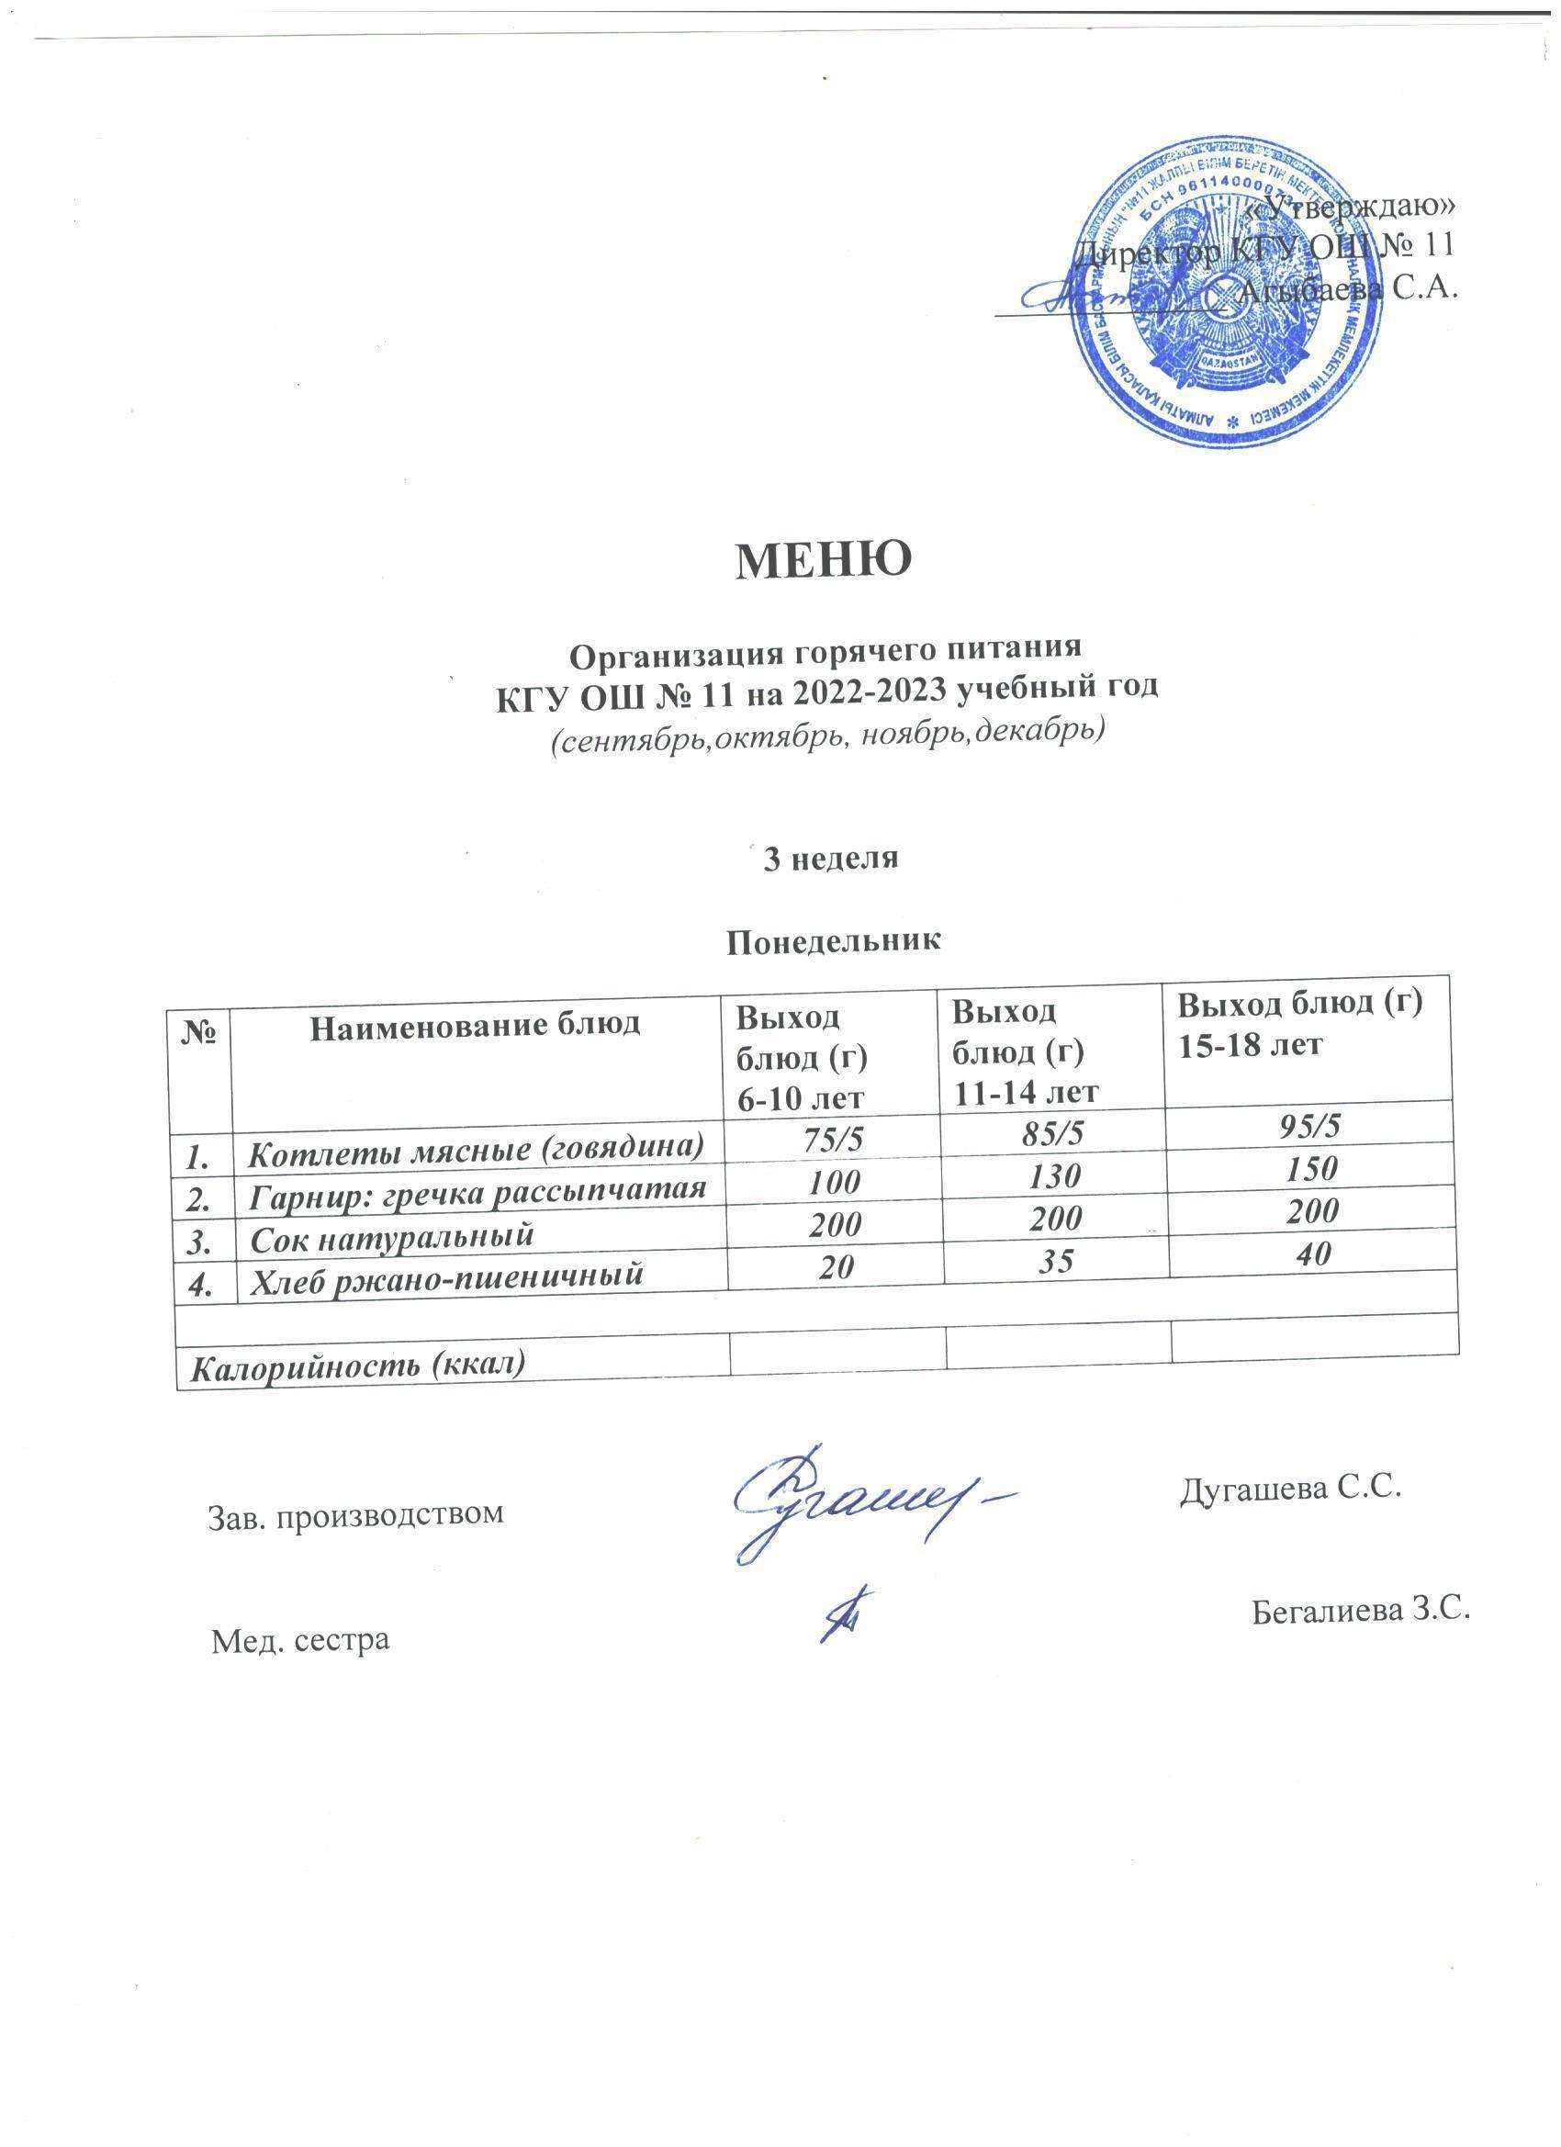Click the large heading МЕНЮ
tap(824, 560)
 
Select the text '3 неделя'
tap(830, 859)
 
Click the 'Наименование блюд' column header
tap(476, 1023)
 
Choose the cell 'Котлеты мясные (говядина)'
tap(477, 1149)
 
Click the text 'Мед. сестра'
tap(300, 1639)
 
